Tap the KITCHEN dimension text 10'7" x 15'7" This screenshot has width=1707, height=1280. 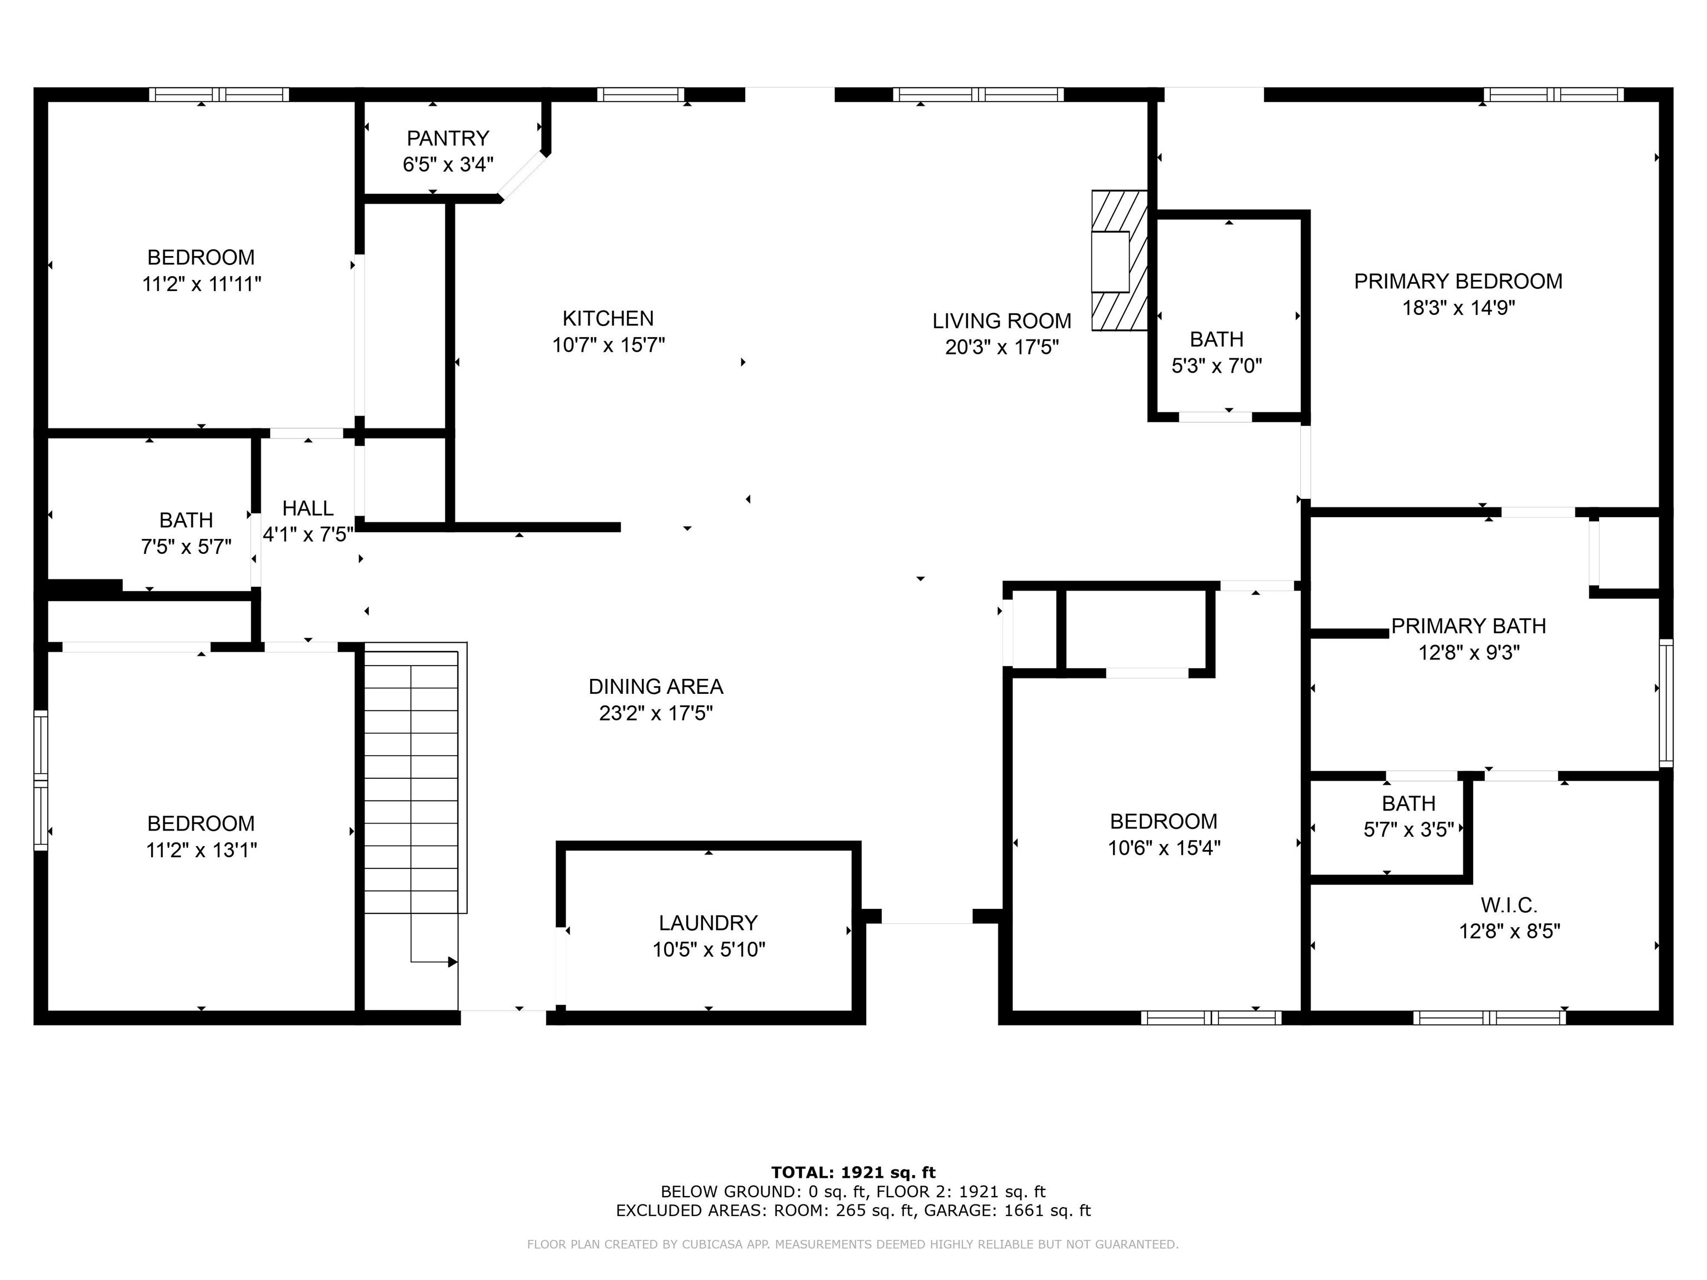coord(608,345)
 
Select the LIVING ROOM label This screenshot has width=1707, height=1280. coord(1002,321)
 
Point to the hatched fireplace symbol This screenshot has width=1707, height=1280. coord(1119,261)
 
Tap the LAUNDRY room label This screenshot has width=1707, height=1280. coord(708,923)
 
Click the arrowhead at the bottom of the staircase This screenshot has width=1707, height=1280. coord(453,962)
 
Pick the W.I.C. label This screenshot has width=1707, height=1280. coord(1509,904)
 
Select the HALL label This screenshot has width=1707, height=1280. coord(308,508)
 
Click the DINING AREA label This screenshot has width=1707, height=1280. coord(656,687)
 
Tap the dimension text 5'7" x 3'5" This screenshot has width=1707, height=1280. coord(1409,829)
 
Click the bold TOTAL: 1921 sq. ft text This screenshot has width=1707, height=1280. coord(853,1173)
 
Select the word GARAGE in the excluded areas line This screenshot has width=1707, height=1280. coord(959,1211)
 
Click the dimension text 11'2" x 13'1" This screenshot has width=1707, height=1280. coord(201,849)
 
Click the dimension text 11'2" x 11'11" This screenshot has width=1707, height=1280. coord(201,284)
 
